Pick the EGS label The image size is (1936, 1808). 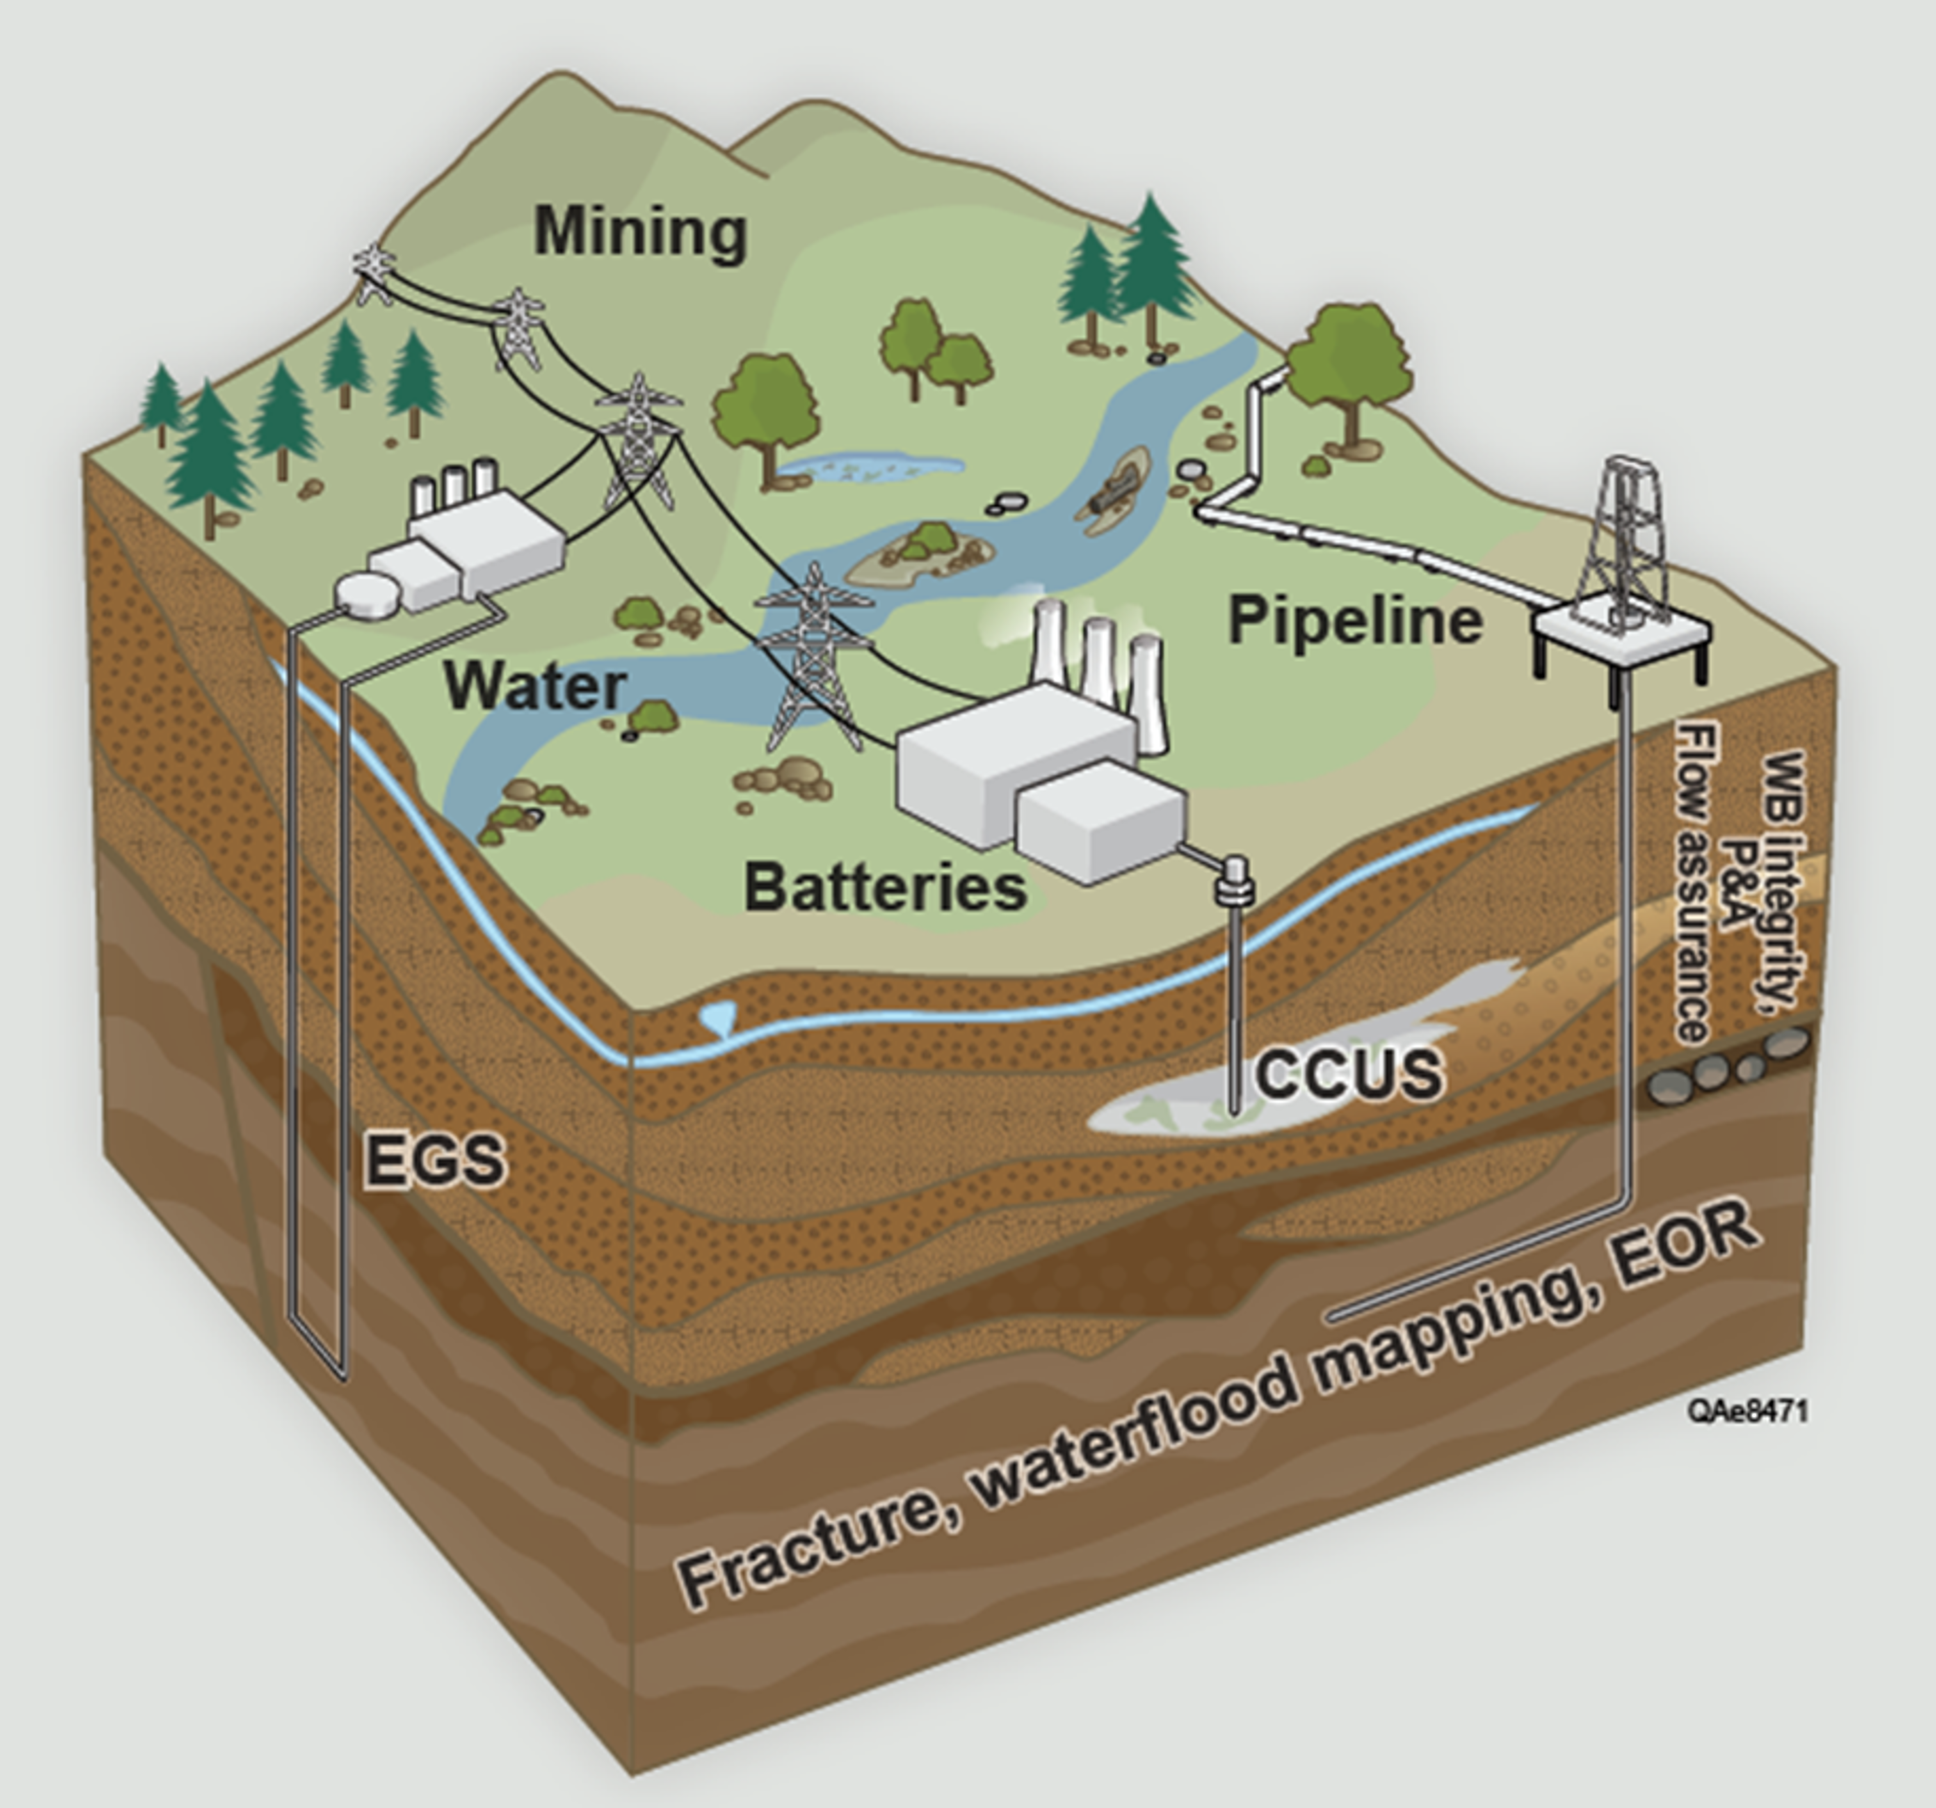pyautogui.click(x=435, y=1159)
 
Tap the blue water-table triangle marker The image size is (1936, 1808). pyautogui.click(x=718, y=1018)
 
